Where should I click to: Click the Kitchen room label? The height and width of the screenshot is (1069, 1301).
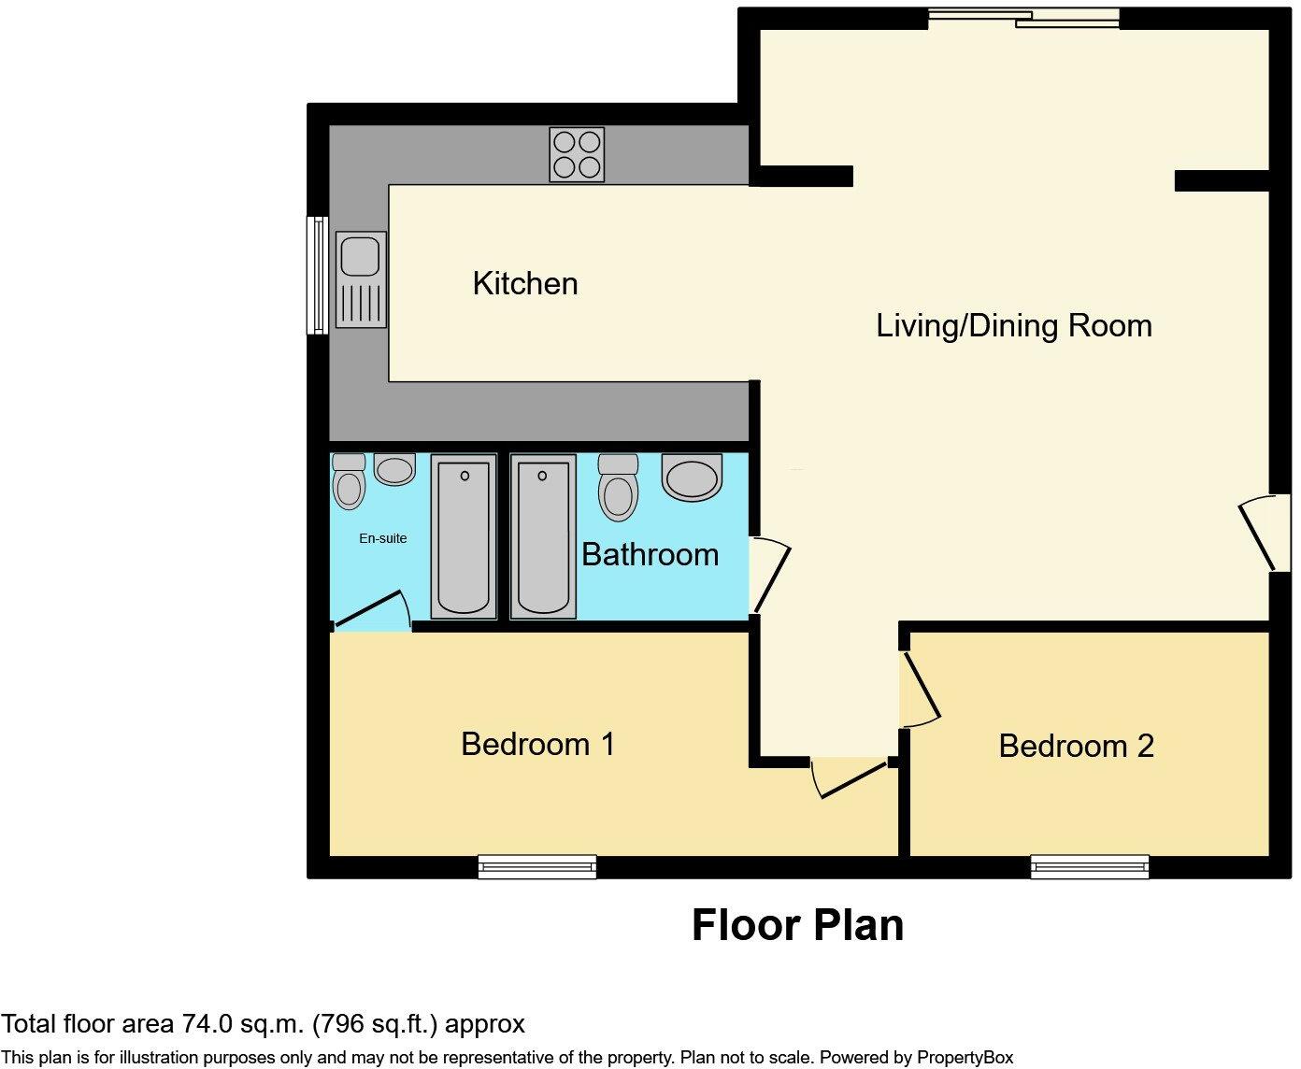click(525, 284)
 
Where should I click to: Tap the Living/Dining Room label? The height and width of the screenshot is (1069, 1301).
click(1013, 326)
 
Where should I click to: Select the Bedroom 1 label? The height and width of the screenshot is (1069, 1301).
click(538, 744)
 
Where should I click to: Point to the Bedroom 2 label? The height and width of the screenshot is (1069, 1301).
click(1076, 746)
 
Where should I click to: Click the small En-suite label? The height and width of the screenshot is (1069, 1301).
click(382, 538)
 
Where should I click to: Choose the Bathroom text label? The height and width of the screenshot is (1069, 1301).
click(650, 554)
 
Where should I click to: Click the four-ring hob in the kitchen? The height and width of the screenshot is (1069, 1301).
click(577, 154)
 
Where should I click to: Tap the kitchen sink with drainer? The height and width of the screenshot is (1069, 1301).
click(361, 279)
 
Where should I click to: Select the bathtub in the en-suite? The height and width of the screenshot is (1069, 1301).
click(464, 536)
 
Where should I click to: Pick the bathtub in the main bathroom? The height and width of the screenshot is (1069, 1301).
click(543, 536)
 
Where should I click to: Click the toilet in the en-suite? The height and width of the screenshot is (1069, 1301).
click(349, 481)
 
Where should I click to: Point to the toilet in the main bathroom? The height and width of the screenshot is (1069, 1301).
click(618, 488)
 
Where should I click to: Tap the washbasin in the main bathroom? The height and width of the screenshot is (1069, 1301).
click(692, 477)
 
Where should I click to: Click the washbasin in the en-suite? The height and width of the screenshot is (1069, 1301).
click(394, 469)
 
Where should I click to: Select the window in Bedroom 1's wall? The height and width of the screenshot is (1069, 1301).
click(537, 866)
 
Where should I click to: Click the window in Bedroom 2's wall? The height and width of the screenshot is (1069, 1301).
click(1090, 866)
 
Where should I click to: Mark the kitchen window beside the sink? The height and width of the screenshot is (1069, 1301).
click(318, 275)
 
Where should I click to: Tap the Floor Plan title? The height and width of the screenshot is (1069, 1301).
click(797, 925)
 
